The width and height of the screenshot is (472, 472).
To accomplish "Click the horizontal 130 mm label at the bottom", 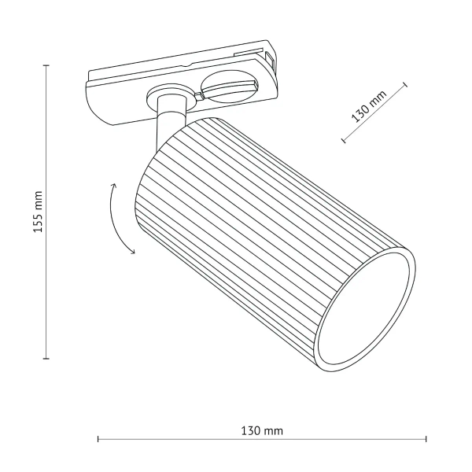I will [x=262, y=431].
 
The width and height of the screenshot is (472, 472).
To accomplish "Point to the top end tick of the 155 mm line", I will [x=46, y=65].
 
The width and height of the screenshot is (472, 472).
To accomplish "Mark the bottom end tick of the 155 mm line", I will [x=46, y=359].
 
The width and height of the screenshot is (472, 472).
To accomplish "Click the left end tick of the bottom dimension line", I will [x=98, y=439].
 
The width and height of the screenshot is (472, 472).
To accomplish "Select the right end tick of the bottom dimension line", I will [x=426, y=439].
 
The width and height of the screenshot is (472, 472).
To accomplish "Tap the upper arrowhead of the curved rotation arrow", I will [x=115, y=186].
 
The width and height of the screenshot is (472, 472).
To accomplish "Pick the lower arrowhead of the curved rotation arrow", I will [x=132, y=253].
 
